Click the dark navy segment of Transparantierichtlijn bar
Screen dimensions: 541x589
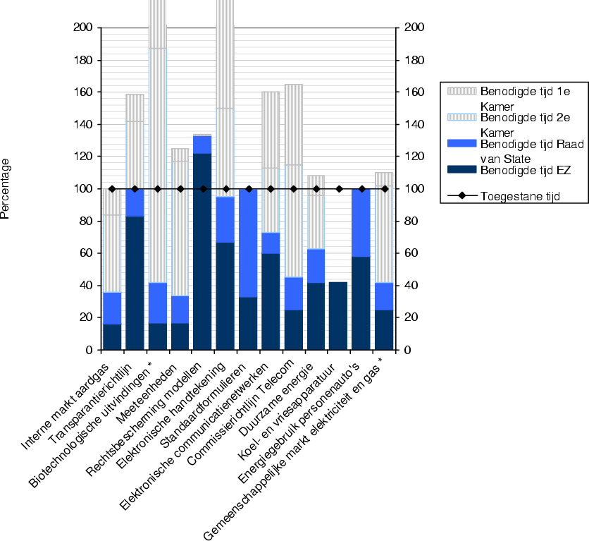tap(135, 283)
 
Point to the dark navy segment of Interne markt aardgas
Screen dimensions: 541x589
tap(112, 336)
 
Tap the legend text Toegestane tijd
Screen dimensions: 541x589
tap(520, 196)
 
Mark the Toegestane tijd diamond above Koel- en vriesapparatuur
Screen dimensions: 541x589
tap(339, 189)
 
